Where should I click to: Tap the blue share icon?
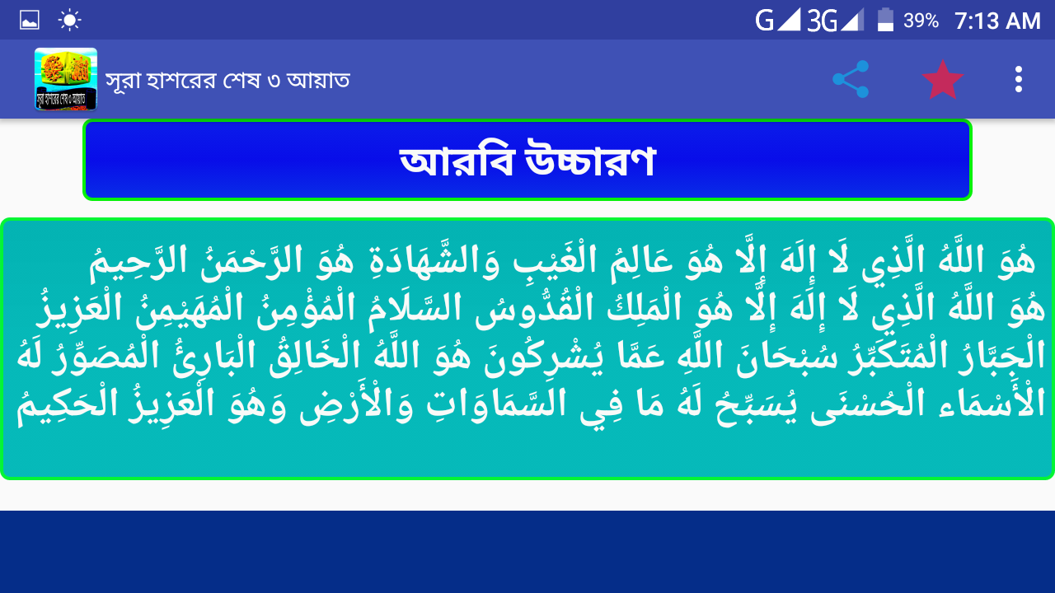(x=851, y=79)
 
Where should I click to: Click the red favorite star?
(x=942, y=80)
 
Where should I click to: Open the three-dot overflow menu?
(x=1018, y=79)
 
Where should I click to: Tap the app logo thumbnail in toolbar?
(x=66, y=79)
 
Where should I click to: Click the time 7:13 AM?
(x=997, y=21)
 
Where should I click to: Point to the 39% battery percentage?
(x=921, y=21)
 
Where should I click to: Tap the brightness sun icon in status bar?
(x=69, y=21)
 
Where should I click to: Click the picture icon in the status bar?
(x=29, y=21)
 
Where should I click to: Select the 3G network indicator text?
(x=822, y=21)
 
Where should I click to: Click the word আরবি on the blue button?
(x=456, y=160)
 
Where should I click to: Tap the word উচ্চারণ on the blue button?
(x=590, y=160)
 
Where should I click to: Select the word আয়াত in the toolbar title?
(x=318, y=80)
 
